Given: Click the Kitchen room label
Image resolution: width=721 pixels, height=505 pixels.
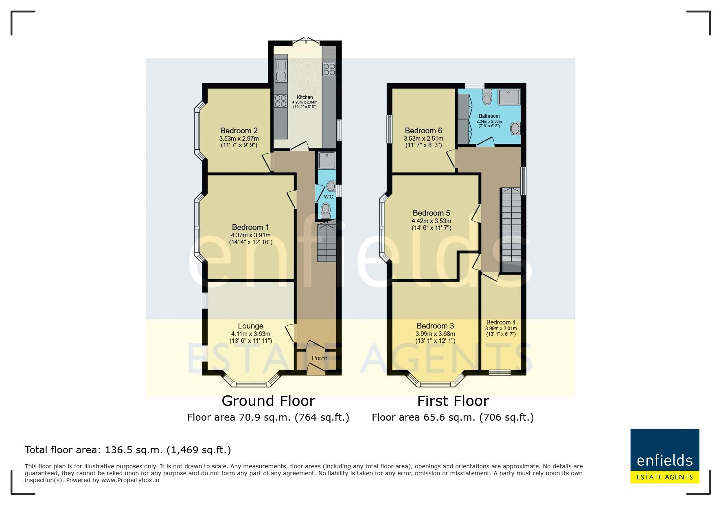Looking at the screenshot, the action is (x=305, y=97).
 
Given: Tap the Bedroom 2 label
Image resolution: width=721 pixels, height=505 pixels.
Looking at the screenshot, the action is (x=239, y=131).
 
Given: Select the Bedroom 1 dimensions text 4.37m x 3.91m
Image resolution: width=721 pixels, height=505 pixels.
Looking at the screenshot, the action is (x=250, y=235).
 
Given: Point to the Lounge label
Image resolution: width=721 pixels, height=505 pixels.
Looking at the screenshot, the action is (x=250, y=326).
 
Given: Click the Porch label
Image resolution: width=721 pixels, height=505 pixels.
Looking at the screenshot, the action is (x=320, y=358).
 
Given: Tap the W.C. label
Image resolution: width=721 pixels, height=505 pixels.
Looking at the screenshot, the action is (x=329, y=197).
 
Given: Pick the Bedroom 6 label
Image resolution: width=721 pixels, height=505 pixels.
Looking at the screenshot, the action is (x=423, y=131).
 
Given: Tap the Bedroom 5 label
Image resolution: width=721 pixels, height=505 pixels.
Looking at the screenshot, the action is (x=431, y=213).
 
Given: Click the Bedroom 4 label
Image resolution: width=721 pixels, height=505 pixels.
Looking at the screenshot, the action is (x=501, y=322).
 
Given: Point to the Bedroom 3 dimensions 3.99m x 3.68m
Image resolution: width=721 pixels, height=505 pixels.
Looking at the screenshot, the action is (x=435, y=334).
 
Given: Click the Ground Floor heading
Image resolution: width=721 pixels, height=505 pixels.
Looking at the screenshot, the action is (x=268, y=401).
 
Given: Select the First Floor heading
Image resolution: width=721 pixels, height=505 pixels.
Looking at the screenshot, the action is (x=453, y=401).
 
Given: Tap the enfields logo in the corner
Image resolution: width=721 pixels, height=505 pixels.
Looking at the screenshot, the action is (x=664, y=456).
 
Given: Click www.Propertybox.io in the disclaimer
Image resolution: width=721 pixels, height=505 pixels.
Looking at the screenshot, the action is (x=130, y=480).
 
